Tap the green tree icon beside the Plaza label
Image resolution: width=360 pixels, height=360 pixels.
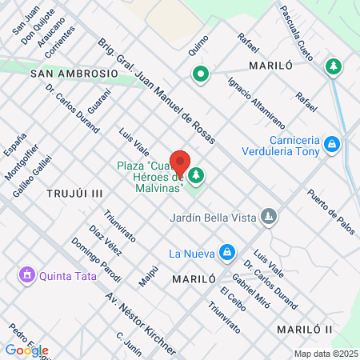point(195,174)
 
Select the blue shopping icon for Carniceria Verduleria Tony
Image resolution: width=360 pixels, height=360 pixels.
point(333,145)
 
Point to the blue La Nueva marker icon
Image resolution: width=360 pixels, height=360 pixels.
point(227,253)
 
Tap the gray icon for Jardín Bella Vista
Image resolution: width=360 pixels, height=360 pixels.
point(270,216)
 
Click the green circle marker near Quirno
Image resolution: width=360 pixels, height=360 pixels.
point(200,75)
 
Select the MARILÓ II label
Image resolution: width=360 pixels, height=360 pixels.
point(303,330)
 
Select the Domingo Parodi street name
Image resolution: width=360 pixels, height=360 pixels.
point(95,260)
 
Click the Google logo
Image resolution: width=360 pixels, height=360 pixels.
point(26,350)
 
